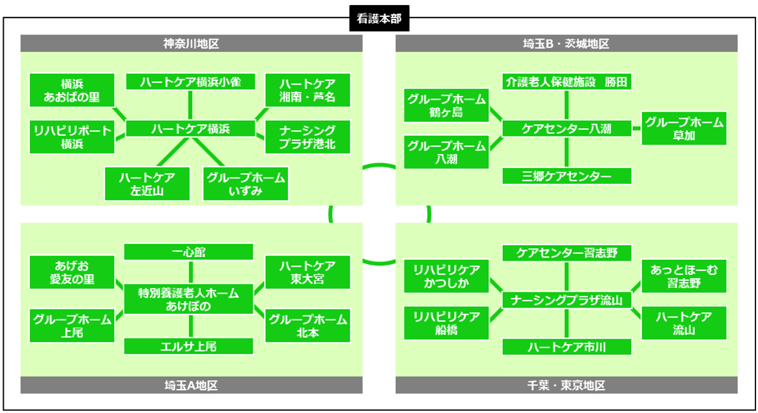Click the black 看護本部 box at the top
tap(379, 20)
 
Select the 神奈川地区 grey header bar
tap(191, 44)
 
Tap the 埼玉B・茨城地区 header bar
tap(566, 44)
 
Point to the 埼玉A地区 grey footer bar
tap(191, 385)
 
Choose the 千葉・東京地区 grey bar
tap(566, 385)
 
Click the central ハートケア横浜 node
tap(190, 129)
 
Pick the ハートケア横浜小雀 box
tap(189, 82)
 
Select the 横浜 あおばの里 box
tap(72, 90)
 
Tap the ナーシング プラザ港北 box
tap(307, 136)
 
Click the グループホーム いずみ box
tap(246, 184)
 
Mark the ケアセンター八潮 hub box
tap(567, 129)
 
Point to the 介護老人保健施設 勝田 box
tap(567, 82)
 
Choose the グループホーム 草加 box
tap(684, 129)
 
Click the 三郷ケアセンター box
tap(567, 176)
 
